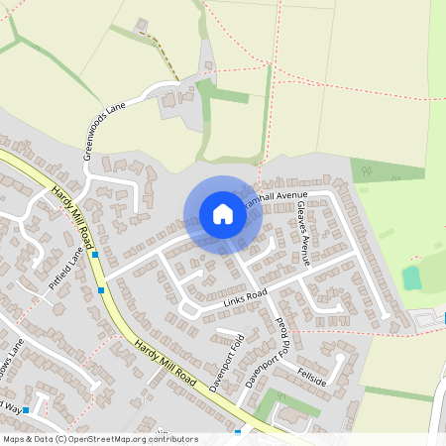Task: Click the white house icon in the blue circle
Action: point(223,214)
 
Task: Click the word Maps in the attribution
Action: point(13,439)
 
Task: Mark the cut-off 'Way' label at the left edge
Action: point(10,406)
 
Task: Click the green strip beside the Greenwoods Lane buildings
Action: point(228,97)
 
